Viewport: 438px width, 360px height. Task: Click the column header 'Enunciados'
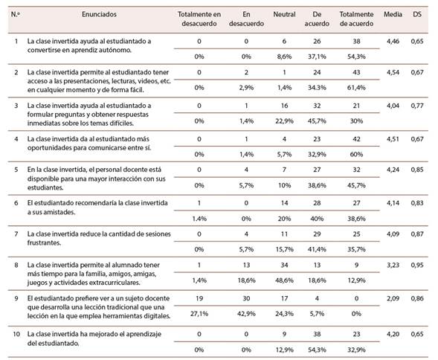coord(99,14)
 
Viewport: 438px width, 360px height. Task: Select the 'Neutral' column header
coord(284,14)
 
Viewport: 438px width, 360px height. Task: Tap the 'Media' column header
coord(393,14)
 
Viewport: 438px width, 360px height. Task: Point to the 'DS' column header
coord(417,14)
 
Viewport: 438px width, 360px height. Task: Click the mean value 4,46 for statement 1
coord(393,42)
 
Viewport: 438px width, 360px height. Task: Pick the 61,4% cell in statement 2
coord(356,88)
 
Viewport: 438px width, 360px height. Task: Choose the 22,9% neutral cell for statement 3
coord(284,121)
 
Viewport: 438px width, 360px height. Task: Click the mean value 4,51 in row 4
coord(393,139)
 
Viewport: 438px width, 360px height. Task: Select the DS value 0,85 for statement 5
coord(417,170)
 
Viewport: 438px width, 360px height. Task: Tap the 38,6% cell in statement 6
coord(356,219)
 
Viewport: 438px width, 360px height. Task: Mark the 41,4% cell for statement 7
coord(317,249)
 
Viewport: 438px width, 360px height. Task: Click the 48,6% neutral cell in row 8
coord(284,280)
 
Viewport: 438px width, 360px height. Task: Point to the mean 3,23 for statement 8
coord(393,265)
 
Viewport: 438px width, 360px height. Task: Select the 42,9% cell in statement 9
coord(246,314)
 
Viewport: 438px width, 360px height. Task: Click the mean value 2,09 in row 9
coord(393,298)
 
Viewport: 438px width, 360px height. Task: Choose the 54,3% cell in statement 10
coord(317,350)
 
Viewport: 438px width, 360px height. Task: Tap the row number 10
coord(16,334)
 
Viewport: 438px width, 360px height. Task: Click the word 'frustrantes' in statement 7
coord(44,243)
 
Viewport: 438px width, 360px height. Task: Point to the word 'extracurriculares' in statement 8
coord(117,283)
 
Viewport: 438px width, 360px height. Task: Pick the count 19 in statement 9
coord(199,298)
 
